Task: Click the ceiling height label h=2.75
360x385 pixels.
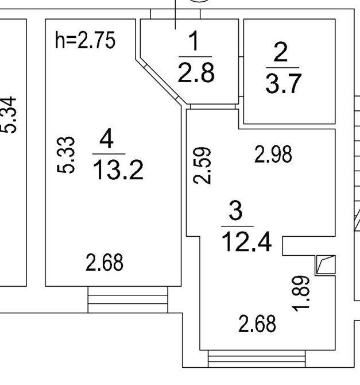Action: click(x=86, y=42)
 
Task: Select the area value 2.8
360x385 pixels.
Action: click(x=195, y=75)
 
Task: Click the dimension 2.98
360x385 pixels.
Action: click(x=273, y=155)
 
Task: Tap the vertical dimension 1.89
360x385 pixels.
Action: click(x=305, y=292)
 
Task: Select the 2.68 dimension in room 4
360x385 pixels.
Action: click(x=105, y=264)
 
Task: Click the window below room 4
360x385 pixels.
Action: click(x=127, y=299)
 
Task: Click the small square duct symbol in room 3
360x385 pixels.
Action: click(x=325, y=265)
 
